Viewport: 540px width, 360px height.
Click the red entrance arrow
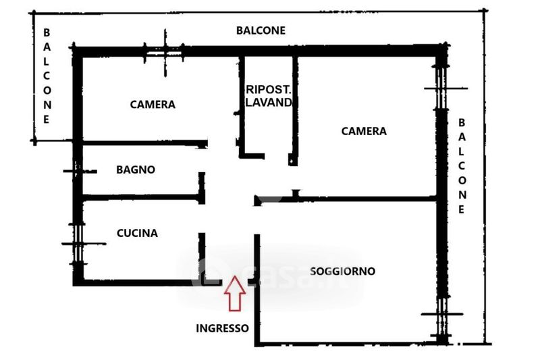tap(235, 294)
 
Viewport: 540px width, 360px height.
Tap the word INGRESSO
tap(223, 328)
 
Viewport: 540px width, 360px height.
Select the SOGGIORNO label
tap(342, 271)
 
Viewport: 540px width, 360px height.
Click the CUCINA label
tap(137, 233)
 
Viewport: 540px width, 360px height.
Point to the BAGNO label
tap(136, 170)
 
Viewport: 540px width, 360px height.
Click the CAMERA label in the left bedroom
tap(153, 105)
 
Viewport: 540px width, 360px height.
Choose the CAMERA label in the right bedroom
tap(364, 131)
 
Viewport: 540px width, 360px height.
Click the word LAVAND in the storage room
tap(269, 102)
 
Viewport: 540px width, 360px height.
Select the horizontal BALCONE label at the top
tap(261, 30)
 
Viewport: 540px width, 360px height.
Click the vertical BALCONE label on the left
tap(47, 76)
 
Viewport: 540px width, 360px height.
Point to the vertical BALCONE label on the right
tap(462, 166)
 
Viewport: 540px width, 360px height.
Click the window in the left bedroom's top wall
tap(163, 53)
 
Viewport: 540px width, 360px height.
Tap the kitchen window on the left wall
tap(79, 244)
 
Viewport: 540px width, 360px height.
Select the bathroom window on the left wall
tap(78, 171)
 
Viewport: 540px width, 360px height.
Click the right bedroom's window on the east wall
tap(442, 88)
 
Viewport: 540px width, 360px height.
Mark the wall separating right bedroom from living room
tap(346, 199)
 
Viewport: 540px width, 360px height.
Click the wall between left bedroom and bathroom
tap(145, 143)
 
